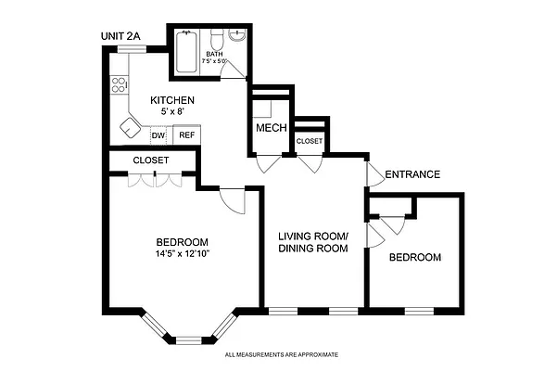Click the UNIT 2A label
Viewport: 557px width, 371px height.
pyautogui.click(x=120, y=36)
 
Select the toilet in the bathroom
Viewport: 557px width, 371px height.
pyautogui.click(x=216, y=41)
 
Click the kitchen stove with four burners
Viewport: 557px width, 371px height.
pyautogui.click(x=119, y=86)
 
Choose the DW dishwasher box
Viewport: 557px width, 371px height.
pyautogui.click(x=158, y=135)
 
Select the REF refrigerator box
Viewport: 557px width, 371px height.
pyautogui.click(x=186, y=135)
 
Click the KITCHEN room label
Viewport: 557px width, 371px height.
pyautogui.click(x=173, y=99)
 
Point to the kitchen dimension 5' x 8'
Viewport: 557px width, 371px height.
pyautogui.click(x=173, y=111)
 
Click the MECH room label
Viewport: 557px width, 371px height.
pyautogui.click(x=272, y=128)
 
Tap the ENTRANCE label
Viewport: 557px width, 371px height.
pyautogui.click(x=411, y=174)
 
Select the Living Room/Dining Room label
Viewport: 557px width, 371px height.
pyautogui.click(x=313, y=242)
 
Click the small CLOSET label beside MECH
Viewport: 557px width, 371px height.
pyautogui.click(x=309, y=141)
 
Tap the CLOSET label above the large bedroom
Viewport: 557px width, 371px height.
pyautogui.click(x=150, y=160)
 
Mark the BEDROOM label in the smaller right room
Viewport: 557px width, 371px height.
pyautogui.click(x=414, y=257)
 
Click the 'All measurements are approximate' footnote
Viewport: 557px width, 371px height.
pyautogui.click(x=282, y=354)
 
